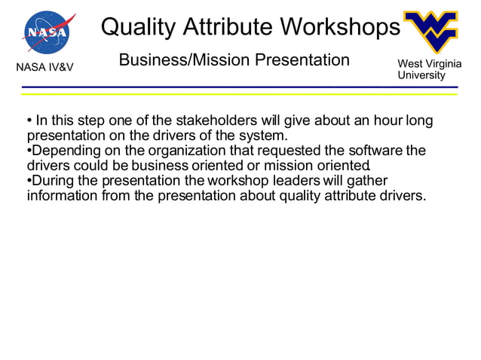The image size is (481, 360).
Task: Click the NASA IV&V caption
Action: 45,69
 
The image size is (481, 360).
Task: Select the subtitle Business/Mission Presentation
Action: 234,59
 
